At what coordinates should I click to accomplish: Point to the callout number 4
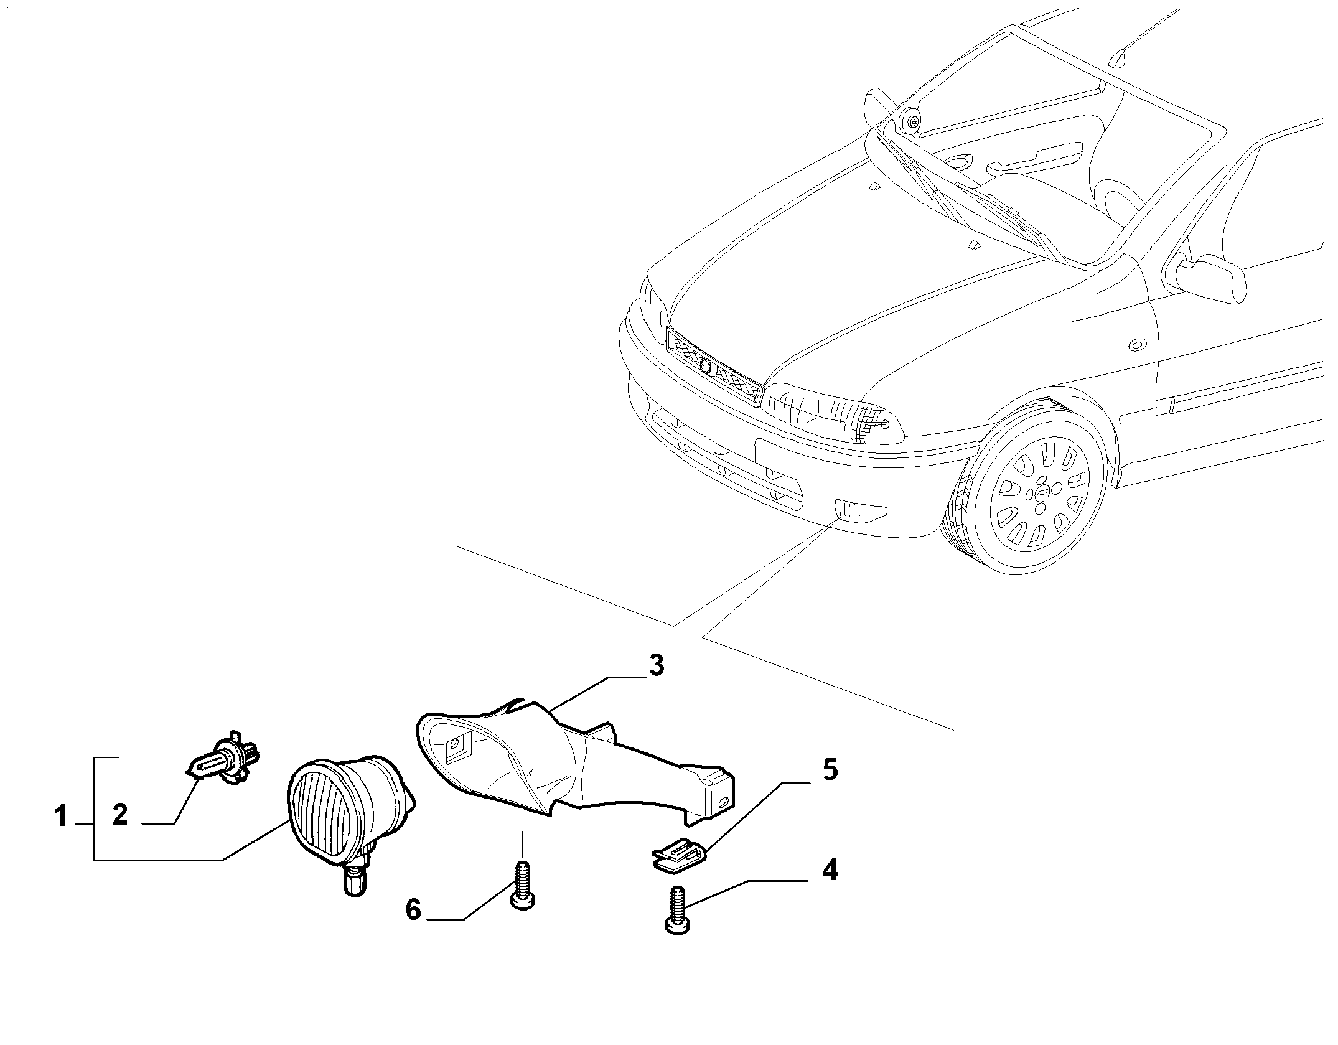tap(830, 870)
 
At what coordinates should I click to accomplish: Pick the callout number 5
tap(830, 770)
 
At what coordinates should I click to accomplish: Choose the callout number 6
tap(413, 910)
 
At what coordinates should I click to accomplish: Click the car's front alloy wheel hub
tap(1041, 493)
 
